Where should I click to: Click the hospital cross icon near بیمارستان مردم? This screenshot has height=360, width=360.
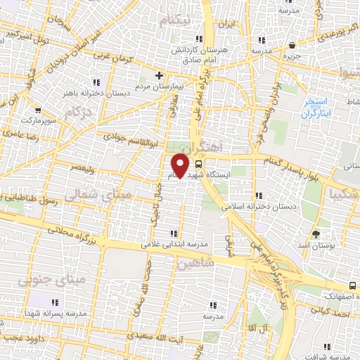coord(159,75)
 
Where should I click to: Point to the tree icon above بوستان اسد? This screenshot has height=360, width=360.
coord(315,233)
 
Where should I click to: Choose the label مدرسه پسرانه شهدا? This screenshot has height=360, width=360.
coord(55,313)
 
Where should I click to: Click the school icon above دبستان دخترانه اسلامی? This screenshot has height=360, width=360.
coord(259,195)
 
